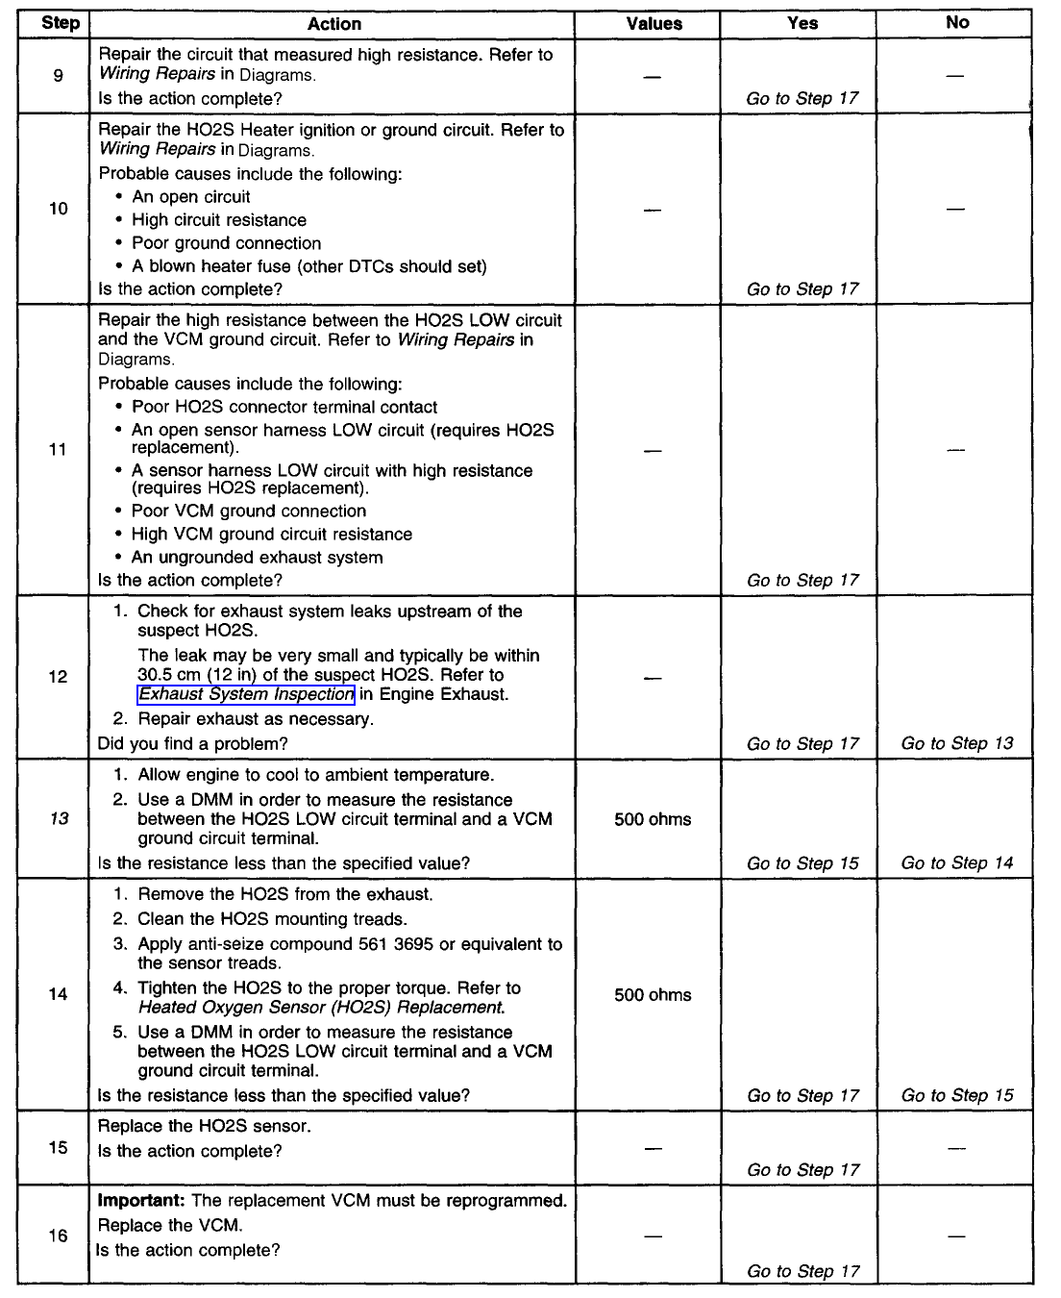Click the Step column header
click(x=60, y=23)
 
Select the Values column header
click(x=654, y=24)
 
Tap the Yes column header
click(x=802, y=23)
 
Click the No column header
click(x=957, y=23)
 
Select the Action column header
click(x=334, y=24)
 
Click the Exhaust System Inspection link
click(x=246, y=694)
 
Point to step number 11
click(x=58, y=449)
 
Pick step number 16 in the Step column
click(x=58, y=1236)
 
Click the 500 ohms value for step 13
click(x=653, y=819)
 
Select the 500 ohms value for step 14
click(x=653, y=995)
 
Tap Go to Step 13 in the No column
click(x=957, y=743)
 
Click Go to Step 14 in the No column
click(x=957, y=862)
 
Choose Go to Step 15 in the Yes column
click(x=802, y=862)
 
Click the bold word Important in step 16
click(x=141, y=1201)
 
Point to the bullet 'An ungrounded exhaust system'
click(x=257, y=558)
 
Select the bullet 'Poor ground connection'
click(x=226, y=243)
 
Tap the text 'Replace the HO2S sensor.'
click(x=204, y=1126)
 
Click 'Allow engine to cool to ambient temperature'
click(x=315, y=775)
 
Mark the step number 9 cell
click(x=58, y=75)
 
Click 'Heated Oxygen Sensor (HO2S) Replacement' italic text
click(x=321, y=1008)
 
